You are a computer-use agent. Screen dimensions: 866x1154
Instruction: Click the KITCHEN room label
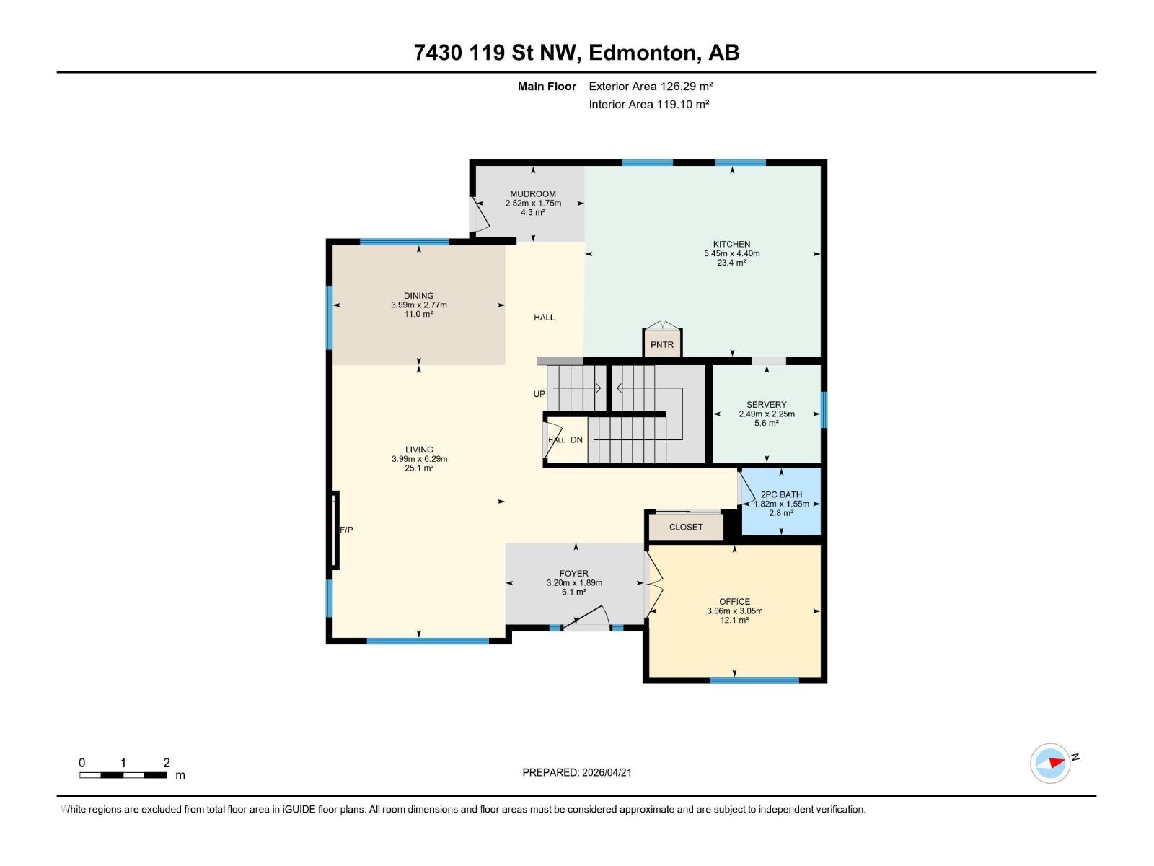[731, 244]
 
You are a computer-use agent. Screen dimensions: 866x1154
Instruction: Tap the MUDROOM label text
[533, 193]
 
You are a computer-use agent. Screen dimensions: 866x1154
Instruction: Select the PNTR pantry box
[662, 344]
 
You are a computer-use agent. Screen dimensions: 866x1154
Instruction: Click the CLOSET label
[685, 527]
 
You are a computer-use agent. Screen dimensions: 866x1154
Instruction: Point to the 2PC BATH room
[781, 502]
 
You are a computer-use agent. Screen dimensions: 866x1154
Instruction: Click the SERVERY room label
[766, 404]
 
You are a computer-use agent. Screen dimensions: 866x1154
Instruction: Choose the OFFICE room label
[734, 601]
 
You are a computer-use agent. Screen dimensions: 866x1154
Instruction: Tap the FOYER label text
[574, 574]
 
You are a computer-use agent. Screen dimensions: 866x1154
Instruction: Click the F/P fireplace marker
[346, 530]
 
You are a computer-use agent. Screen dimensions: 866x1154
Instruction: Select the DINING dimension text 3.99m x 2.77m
[418, 305]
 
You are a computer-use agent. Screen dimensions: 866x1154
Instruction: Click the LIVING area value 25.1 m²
[419, 468]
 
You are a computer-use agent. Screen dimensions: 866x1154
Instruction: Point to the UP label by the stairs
[539, 394]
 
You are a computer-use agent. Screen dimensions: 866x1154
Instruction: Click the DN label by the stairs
[576, 439]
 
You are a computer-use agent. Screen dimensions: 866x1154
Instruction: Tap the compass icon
[1050, 764]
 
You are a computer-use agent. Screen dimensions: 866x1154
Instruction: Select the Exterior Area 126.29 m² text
[651, 86]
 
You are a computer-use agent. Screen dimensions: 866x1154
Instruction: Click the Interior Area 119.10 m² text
[648, 104]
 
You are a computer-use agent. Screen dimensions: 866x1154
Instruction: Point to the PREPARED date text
[577, 772]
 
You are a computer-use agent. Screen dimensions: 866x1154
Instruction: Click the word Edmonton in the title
[643, 53]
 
